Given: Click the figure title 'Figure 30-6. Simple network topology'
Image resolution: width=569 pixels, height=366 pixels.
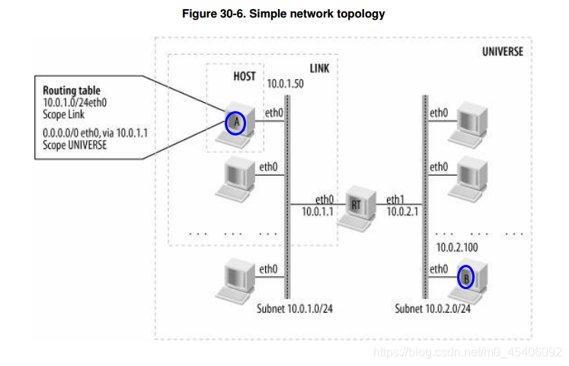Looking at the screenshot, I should tap(283, 14).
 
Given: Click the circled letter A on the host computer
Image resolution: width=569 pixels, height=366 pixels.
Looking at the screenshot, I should tap(235, 122).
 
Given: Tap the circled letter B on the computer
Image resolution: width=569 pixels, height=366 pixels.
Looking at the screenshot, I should tap(465, 277).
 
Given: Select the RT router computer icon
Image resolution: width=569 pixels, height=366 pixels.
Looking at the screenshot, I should tap(356, 206).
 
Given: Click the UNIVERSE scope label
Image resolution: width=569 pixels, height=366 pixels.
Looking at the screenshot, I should tap(503, 52).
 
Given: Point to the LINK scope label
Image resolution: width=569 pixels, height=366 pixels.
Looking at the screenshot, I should tap(319, 68).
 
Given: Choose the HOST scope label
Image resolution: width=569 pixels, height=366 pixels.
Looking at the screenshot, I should tap(245, 76).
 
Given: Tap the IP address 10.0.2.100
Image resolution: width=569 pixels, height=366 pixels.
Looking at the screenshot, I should tap(456, 248).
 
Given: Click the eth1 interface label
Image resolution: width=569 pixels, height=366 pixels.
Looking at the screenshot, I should tap(396, 198).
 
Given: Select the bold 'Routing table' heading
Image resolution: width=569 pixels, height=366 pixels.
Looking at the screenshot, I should tap(71, 91).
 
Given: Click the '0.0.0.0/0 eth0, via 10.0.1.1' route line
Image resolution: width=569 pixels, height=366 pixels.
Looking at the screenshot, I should tap(94, 132).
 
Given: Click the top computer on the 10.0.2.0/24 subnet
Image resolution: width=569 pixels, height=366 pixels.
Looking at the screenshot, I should tap(468, 123).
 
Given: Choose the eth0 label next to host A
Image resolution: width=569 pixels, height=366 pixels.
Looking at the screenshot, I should tap(273, 113).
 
